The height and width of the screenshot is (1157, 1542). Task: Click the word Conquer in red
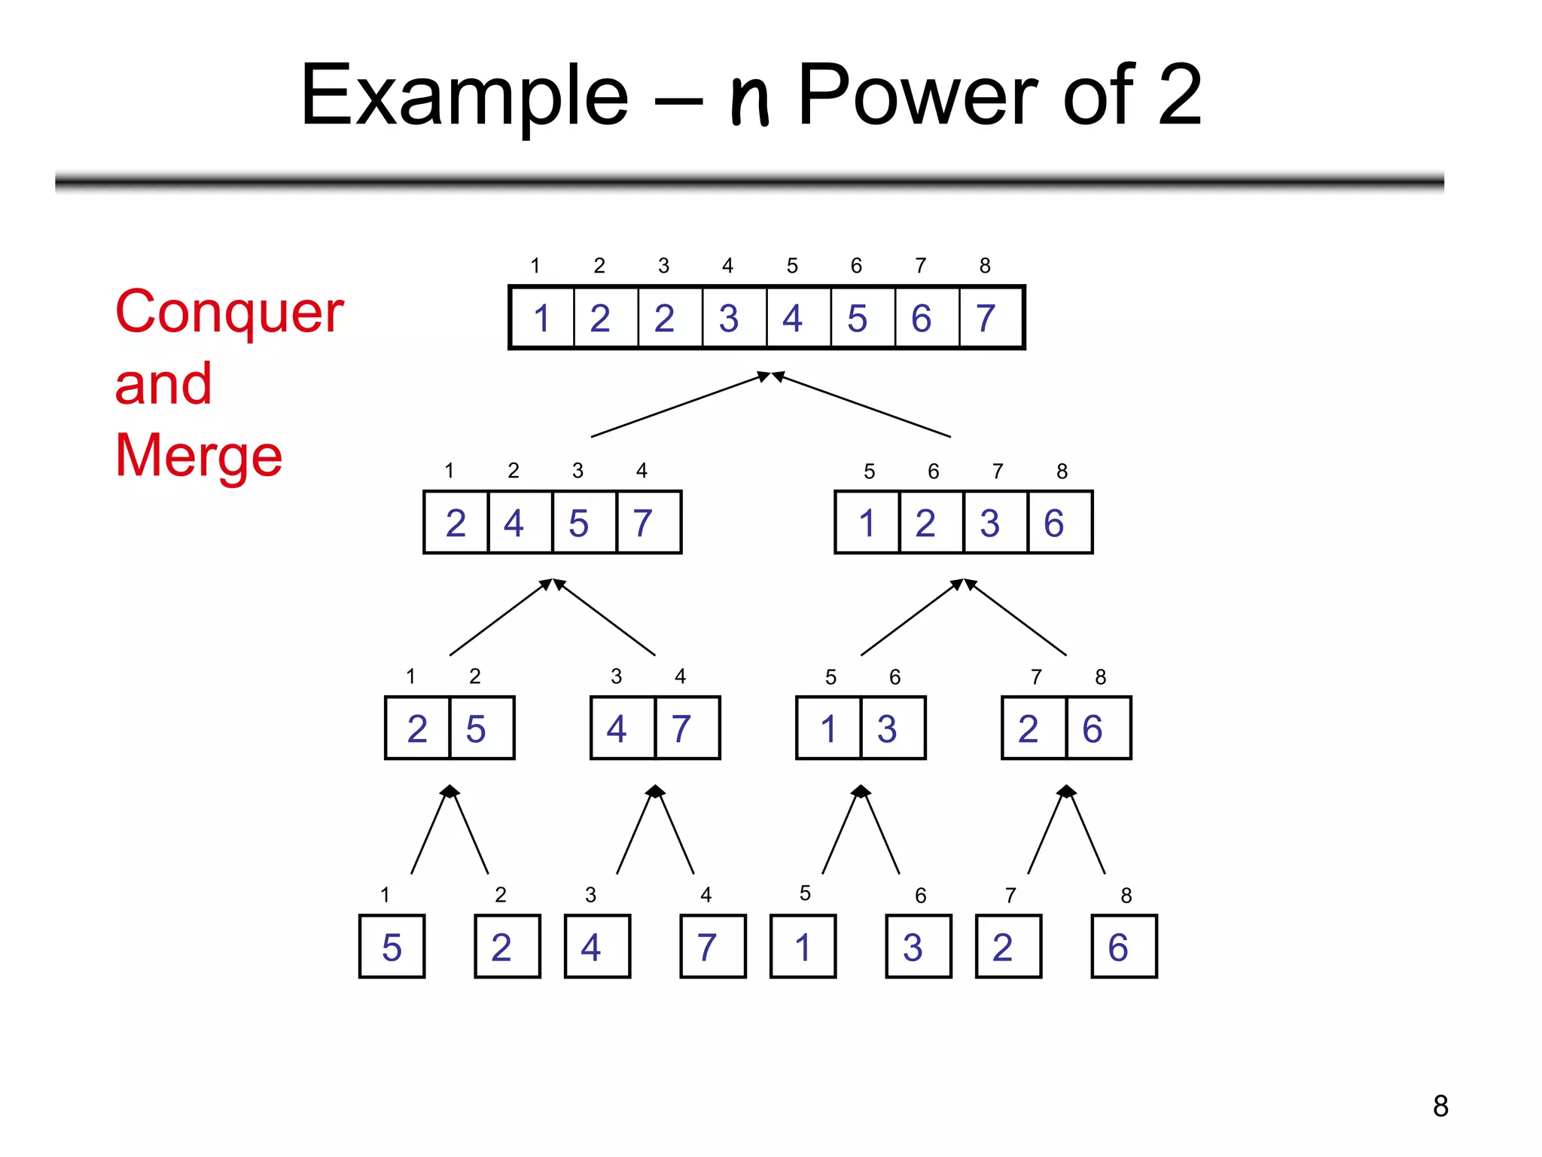point(229,313)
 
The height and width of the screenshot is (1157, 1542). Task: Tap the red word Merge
point(198,456)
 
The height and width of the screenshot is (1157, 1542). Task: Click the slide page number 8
point(1440,1106)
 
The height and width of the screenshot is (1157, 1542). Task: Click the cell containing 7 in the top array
point(989,318)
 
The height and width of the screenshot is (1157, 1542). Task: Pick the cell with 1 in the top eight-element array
point(542,318)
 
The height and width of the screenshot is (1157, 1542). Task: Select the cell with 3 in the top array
point(729,318)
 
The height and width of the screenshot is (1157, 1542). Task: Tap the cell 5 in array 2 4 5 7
point(579,523)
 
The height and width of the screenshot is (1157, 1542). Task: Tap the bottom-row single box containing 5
point(392,947)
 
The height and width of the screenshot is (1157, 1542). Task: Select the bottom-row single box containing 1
point(803,947)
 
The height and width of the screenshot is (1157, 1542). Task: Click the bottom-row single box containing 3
point(917,947)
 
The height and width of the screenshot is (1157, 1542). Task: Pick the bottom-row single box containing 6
point(1123,947)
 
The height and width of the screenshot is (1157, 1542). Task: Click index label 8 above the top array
point(984,265)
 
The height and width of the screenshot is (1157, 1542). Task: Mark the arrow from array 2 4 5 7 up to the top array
point(678,405)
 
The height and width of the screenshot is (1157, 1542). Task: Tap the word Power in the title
point(919,96)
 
